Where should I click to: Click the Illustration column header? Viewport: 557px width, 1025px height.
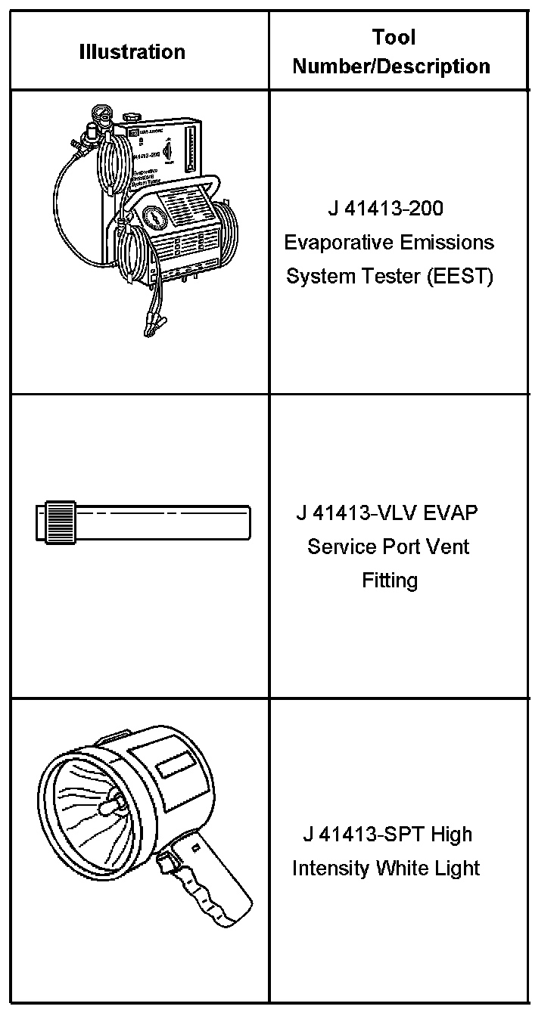[x=132, y=52]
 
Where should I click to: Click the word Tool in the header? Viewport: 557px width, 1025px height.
[x=393, y=37]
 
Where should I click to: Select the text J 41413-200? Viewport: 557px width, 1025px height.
[x=385, y=209]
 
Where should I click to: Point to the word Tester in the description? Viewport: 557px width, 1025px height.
[x=391, y=277]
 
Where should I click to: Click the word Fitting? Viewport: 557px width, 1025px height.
[x=389, y=581]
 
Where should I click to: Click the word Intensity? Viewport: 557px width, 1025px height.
[x=331, y=869]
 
